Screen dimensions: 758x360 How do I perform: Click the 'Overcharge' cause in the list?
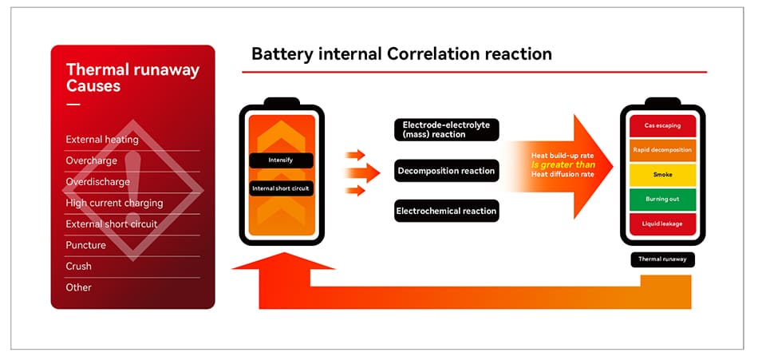pos(92,160)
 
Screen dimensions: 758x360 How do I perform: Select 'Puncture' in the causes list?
pos(85,245)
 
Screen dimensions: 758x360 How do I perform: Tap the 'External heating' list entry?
pos(102,140)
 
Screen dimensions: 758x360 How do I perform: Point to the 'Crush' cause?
pos(78,266)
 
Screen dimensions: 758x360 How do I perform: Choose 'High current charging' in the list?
pos(114,204)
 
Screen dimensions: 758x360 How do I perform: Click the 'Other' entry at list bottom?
pos(78,287)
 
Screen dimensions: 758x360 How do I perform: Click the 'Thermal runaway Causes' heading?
pos(132,77)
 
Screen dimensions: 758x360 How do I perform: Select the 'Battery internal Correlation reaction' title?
pos(401,53)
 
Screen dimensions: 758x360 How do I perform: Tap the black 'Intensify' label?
pos(282,160)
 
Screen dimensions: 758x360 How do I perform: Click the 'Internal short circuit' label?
pos(282,188)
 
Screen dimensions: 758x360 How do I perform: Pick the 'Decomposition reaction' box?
pos(447,171)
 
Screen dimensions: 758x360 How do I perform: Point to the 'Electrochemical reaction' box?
pos(447,211)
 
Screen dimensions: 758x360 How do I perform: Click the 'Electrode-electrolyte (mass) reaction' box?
pos(447,129)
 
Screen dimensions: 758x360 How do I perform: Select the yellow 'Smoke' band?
pos(662,175)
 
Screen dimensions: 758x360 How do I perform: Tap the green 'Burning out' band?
pos(662,200)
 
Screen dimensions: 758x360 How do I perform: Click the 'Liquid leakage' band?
pos(662,224)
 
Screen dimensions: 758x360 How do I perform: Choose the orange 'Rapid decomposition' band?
pos(662,150)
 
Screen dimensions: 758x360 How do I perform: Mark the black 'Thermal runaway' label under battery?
pos(662,259)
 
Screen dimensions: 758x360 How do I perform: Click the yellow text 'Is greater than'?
pos(563,165)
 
